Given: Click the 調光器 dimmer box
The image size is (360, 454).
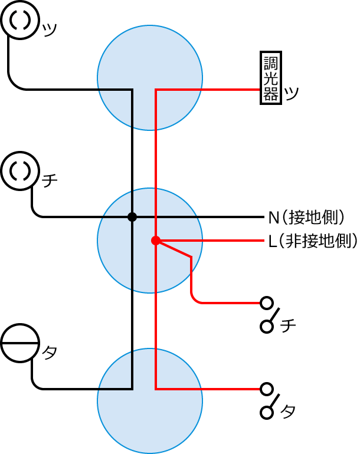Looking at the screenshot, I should pos(271,78).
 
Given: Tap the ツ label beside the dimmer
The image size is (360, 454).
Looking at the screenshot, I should pos(291,94).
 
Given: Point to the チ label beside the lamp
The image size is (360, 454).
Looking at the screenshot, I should pos(50,180).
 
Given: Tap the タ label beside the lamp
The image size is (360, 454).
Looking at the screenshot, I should pos(50,353).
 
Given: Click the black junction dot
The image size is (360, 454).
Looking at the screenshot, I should pos(132,217).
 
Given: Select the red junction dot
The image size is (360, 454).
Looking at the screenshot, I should pos(156,241).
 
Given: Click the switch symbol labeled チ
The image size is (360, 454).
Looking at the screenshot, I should pos(268,315).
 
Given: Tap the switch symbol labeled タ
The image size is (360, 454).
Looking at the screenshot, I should pos(268,401).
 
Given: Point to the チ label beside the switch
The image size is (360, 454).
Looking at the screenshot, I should pos(289,325).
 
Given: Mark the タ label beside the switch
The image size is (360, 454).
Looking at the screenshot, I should pos(289,411).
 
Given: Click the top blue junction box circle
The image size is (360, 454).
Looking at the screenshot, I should pos(150,78).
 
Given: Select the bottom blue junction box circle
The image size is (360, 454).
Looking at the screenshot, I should pos(150,401).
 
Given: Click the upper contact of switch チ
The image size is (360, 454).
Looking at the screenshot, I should pos(267,304).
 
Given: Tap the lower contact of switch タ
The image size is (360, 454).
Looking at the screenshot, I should pos(267,413).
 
